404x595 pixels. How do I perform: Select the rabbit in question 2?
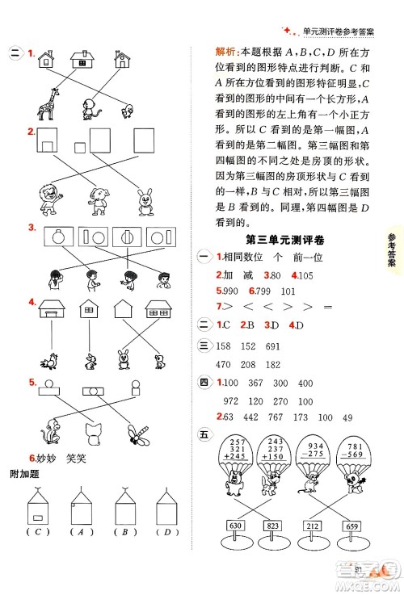coord(146,202)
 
